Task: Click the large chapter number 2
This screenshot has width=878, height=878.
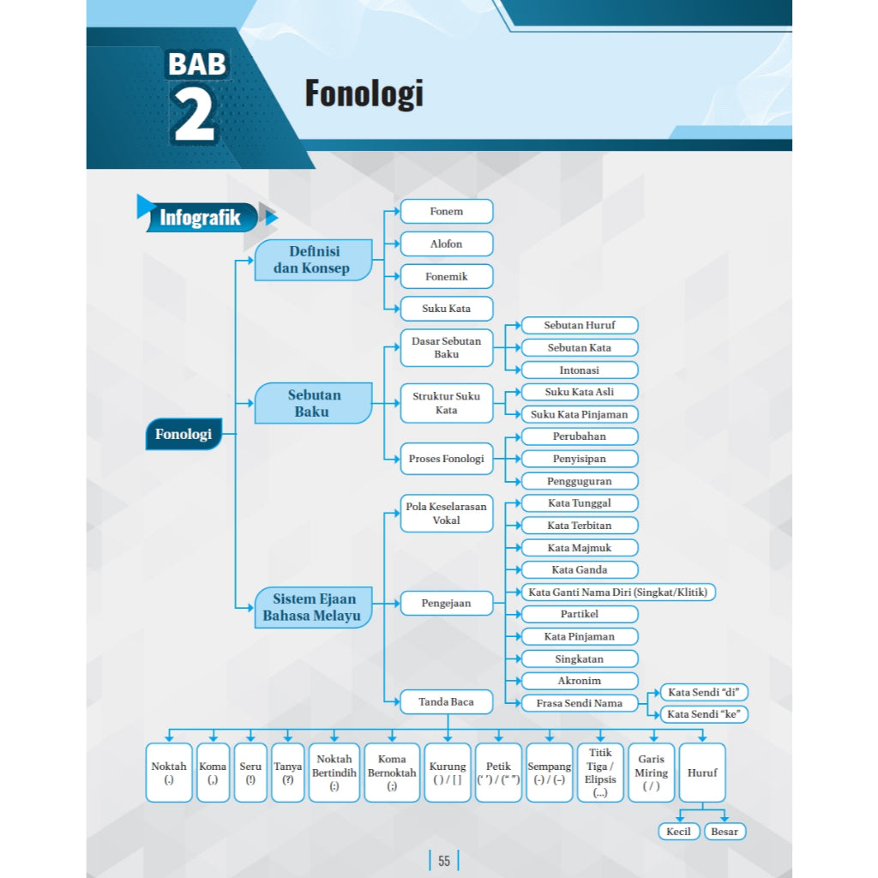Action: tap(194, 115)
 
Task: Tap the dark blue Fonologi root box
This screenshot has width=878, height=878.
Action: tap(183, 434)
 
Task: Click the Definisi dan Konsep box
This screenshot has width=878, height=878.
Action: tap(314, 260)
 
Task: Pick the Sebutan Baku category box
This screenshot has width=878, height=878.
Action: tap(314, 403)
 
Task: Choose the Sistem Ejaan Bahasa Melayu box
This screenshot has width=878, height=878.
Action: tap(314, 608)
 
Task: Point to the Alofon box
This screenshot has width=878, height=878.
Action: tap(447, 244)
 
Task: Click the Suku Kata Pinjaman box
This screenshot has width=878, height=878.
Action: tap(580, 414)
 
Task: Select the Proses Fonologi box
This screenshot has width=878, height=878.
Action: tap(447, 459)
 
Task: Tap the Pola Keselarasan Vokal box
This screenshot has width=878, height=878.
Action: tap(447, 513)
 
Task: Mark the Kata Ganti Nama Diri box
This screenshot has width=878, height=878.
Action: tap(618, 592)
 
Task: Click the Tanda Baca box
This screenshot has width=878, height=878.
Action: tap(447, 701)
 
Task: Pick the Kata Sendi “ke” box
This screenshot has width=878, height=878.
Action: tap(704, 714)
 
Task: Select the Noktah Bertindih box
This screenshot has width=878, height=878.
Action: tap(334, 773)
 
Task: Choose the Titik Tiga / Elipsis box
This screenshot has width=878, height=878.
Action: tap(600, 773)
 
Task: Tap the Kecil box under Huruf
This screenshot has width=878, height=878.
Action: tap(679, 832)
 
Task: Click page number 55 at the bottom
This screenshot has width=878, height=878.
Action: tap(444, 861)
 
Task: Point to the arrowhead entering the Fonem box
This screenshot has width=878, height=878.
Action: tap(396, 212)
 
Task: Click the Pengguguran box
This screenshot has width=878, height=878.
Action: tap(580, 481)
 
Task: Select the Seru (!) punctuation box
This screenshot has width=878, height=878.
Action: tap(250, 773)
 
